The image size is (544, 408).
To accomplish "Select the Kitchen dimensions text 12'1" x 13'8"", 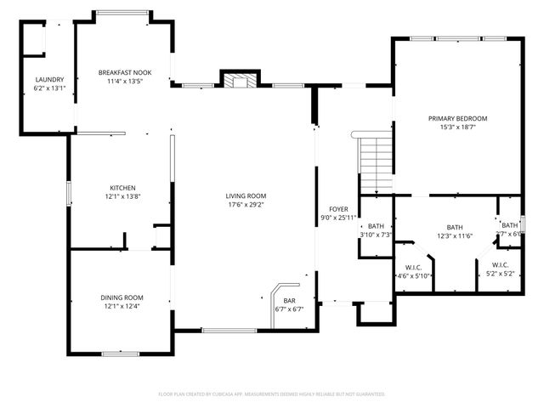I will (122, 196).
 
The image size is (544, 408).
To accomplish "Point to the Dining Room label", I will (122, 297).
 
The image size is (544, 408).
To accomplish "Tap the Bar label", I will (289, 300).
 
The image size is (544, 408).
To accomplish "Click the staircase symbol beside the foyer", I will (374, 165).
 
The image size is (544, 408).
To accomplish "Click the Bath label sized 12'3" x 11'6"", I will (455, 227).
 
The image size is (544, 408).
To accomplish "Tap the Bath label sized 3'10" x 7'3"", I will (376, 225).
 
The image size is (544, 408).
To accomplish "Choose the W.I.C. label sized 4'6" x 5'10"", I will (414, 266).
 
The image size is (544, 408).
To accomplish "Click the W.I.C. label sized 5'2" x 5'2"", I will (500, 265).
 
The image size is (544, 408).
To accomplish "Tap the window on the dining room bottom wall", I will (120, 353).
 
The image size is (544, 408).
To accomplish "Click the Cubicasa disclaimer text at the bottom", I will (272, 394).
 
